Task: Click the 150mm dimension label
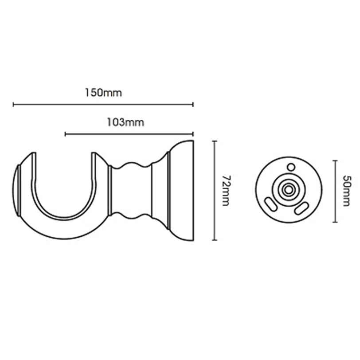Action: click(103, 93)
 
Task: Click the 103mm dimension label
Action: click(125, 122)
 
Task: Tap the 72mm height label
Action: click(227, 191)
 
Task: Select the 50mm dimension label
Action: click(346, 191)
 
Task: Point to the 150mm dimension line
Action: click(103, 105)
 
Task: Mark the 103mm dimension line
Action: click(129, 134)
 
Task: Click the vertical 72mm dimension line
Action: click(215, 190)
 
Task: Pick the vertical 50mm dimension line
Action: click(335, 191)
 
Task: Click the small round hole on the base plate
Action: click(291, 167)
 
